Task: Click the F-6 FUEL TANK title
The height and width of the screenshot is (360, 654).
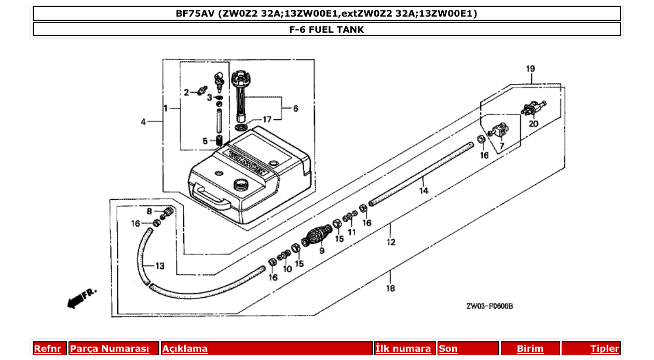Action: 326,30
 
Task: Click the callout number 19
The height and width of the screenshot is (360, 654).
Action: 530,69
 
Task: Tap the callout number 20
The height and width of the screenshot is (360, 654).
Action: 533,124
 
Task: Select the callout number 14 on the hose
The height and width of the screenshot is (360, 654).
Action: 424,191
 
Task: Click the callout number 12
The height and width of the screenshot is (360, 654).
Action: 390,242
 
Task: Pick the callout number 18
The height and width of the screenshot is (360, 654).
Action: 390,288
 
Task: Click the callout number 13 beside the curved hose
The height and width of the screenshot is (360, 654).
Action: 159,266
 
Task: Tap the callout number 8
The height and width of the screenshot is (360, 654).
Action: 149,211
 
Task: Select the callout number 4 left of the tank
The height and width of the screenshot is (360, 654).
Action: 143,122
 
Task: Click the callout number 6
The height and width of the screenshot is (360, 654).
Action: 295,108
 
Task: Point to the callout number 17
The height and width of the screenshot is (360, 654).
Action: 266,120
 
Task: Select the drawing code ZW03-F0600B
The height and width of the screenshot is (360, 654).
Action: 489,307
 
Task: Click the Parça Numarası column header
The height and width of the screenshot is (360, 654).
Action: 110,349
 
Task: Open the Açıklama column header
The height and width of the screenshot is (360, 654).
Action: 185,349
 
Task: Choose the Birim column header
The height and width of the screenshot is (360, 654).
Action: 530,349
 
